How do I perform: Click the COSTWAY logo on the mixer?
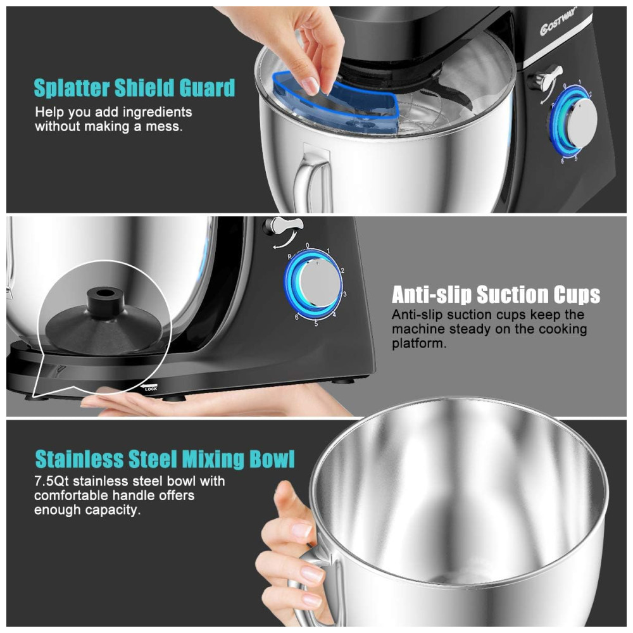click(x=559, y=23)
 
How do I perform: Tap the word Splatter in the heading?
click(x=72, y=87)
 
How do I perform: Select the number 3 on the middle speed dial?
click(x=345, y=294)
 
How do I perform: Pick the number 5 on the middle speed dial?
click(x=316, y=323)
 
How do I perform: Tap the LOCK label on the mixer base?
click(x=151, y=389)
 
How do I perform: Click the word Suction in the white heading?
click(x=513, y=294)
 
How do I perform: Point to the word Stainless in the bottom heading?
click(x=80, y=459)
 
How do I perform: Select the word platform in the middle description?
click(x=419, y=344)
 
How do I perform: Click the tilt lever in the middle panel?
click(x=282, y=226)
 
